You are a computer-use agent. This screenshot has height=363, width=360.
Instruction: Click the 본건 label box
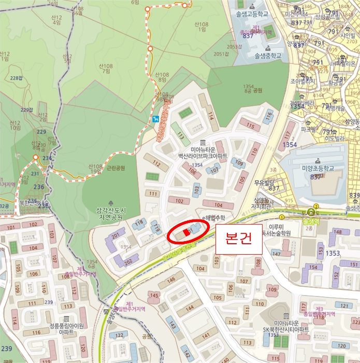(239, 239)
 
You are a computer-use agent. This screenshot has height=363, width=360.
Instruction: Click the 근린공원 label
(116, 169)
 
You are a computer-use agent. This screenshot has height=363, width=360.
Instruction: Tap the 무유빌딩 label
(264, 182)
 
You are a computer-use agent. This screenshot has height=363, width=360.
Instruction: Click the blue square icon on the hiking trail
(156, 119)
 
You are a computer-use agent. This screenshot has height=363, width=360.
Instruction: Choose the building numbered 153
(321, 250)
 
